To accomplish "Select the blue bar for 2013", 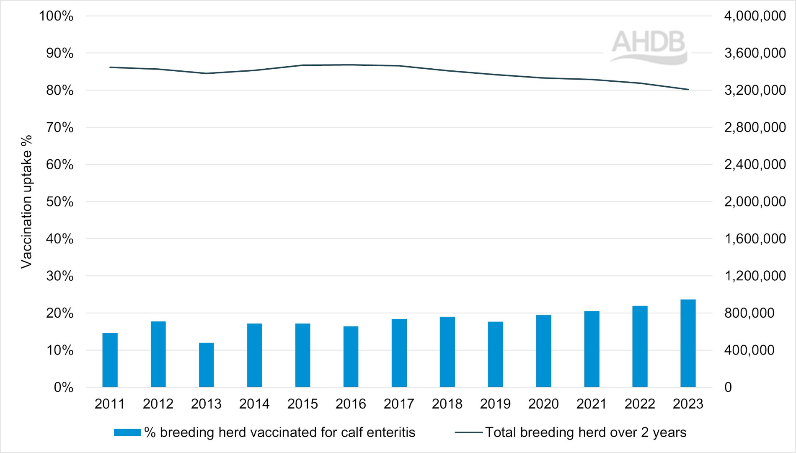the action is pyautogui.click(x=206, y=365).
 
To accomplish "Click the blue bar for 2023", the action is pyautogui.click(x=688, y=343).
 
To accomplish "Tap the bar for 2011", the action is pyautogui.click(x=110, y=360).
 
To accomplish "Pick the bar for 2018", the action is pyautogui.click(x=447, y=352).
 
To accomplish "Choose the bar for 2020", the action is pyautogui.click(x=543, y=351).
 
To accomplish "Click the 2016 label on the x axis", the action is pyautogui.click(x=351, y=404).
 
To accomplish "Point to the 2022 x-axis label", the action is pyautogui.click(x=640, y=404).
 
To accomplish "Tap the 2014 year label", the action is pyautogui.click(x=254, y=404).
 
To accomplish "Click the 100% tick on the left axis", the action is pyautogui.click(x=56, y=16).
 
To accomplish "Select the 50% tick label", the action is pyautogui.click(x=59, y=202).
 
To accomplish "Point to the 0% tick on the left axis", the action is pyautogui.click(x=63, y=387).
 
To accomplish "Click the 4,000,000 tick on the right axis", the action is pyautogui.click(x=755, y=16).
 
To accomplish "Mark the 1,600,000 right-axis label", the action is pyautogui.click(x=755, y=239).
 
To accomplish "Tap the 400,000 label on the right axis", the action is pyautogui.click(x=749, y=350).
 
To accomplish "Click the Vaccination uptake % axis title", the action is pyautogui.click(x=26, y=202).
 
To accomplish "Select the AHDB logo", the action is pyautogui.click(x=649, y=47).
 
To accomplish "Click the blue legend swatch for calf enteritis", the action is pyautogui.click(x=127, y=432).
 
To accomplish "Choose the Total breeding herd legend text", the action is pyautogui.click(x=586, y=432).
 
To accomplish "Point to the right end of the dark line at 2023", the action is pyautogui.click(x=688, y=89).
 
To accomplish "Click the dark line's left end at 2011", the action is pyautogui.click(x=110, y=67).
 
